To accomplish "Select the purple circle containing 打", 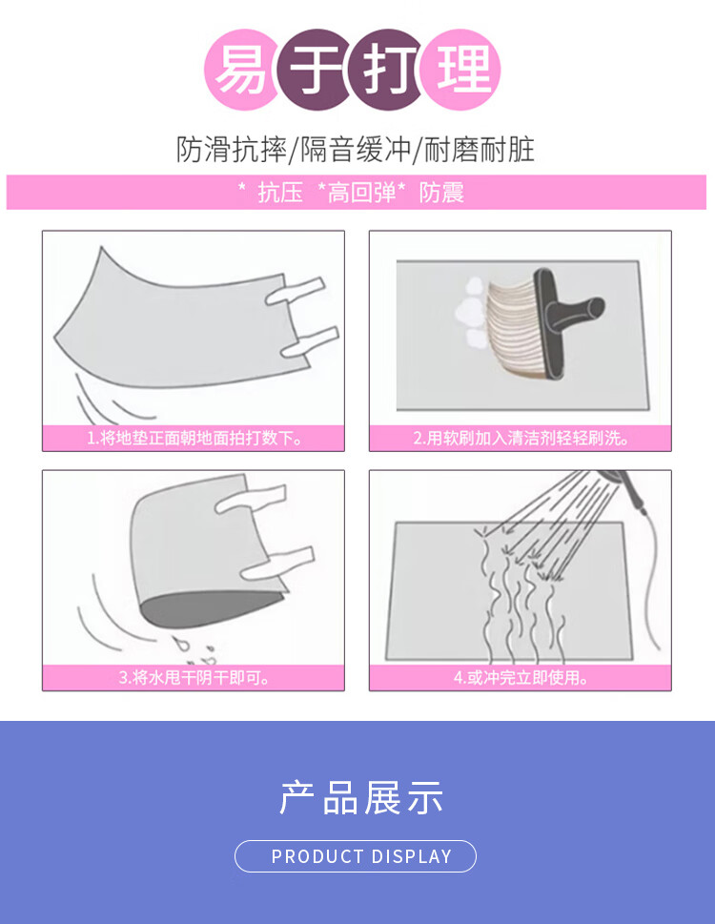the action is click(x=386, y=70).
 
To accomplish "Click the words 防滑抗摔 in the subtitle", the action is click(x=232, y=149).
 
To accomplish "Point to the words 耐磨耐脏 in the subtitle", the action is click(x=479, y=149).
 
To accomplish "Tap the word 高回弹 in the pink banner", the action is click(x=361, y=192).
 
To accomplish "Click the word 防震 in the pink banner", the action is click(x=441, y=192).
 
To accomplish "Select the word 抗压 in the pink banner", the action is click(x=280, y=192).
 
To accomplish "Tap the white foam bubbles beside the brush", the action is click(x=471, y=313).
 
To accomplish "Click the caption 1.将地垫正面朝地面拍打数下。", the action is click(x=194, y=438).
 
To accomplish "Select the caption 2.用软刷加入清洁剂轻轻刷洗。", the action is click(x=521, y=438).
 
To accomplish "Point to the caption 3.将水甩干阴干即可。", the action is click(x=194, y=677).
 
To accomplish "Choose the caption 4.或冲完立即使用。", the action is click(x=521, y=677).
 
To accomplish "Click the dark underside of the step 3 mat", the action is click(x=209, y=608).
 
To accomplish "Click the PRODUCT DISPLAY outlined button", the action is click(x=356, y=856).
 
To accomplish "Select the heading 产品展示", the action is click(x=361, y=797).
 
